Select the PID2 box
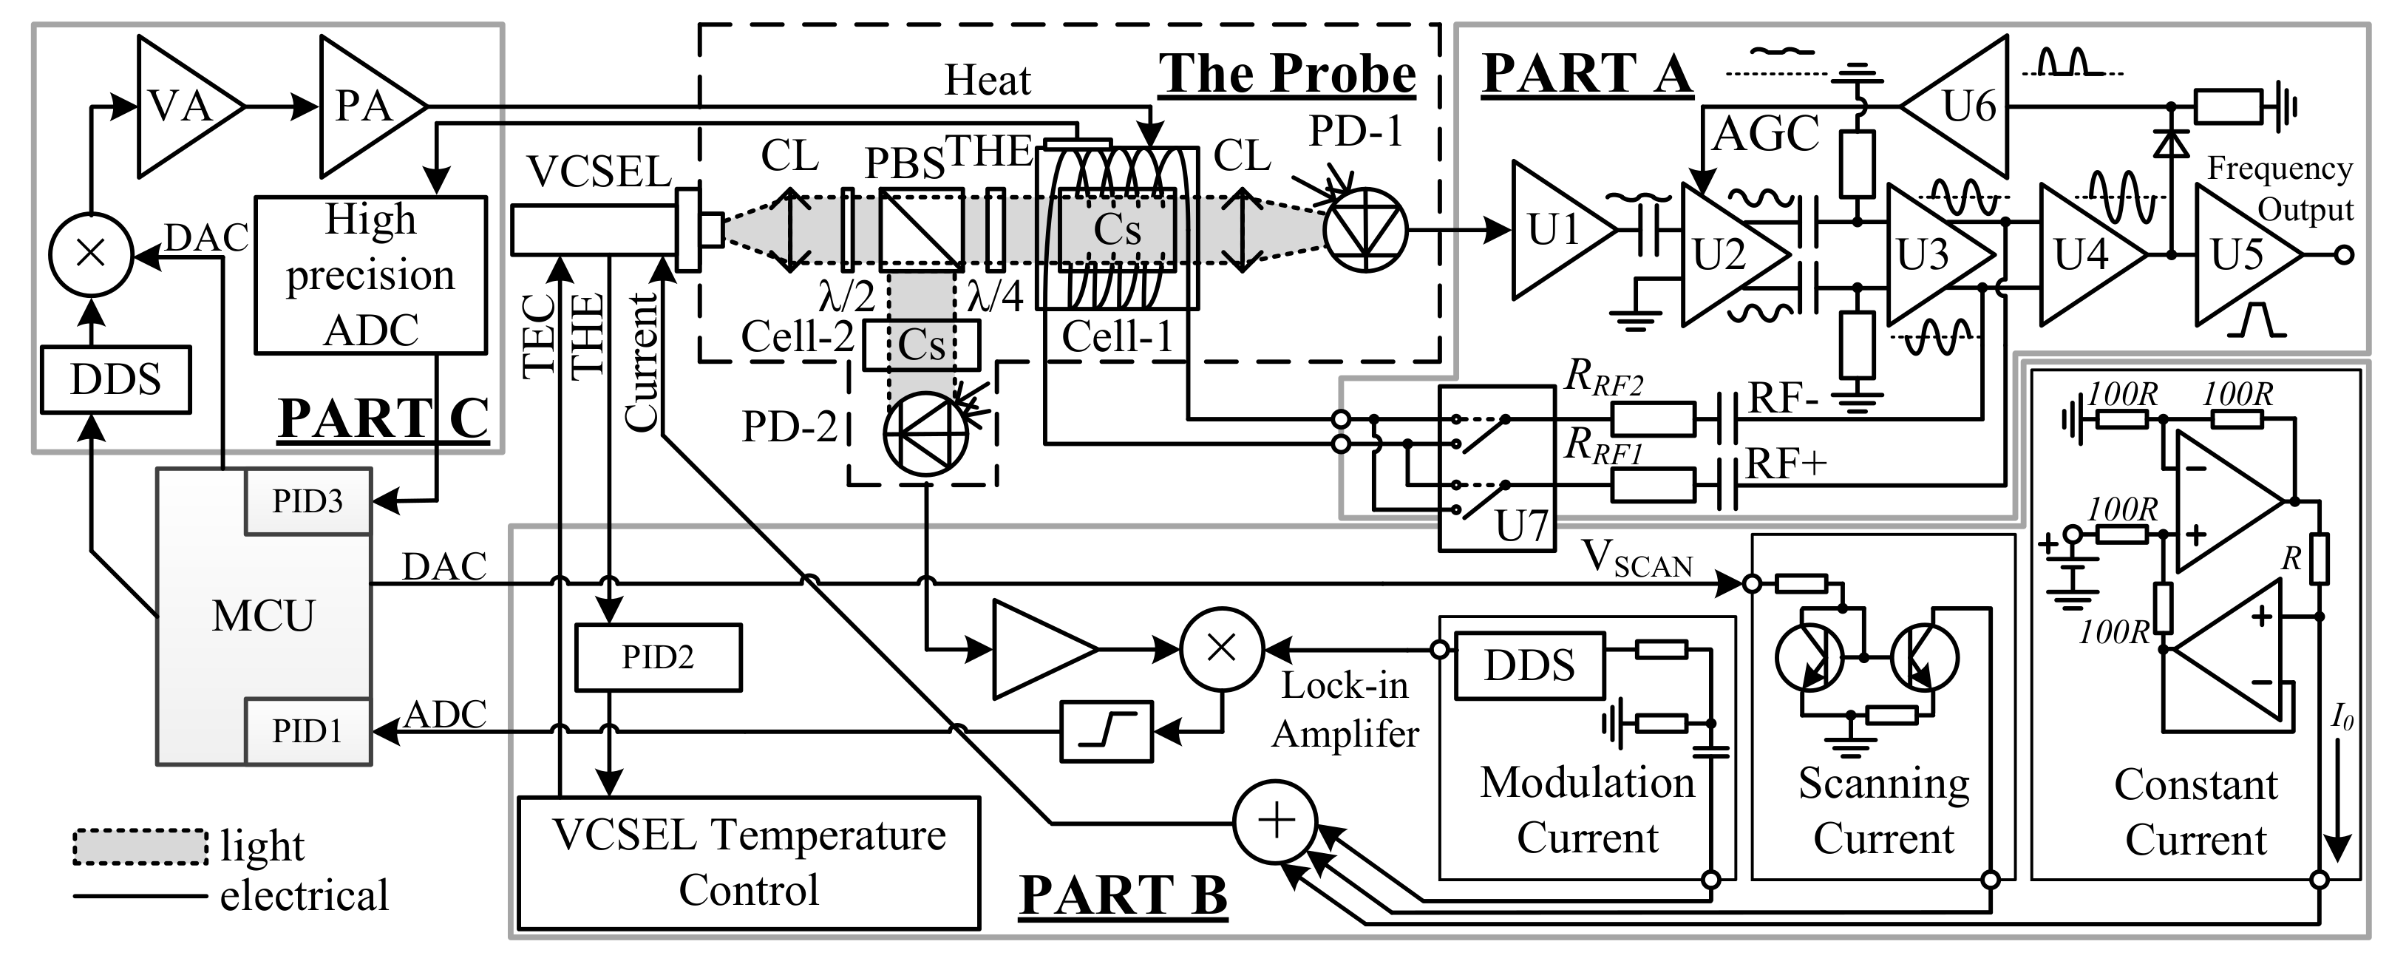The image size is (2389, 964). pyautogui.click(x=658, y=657)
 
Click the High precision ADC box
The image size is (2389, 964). pyautogui.click(x=370, y=274)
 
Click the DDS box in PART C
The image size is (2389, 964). pyautogui.click(x=115, y=379)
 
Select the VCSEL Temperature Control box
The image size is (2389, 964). pyautogui.click(x=749, y=862)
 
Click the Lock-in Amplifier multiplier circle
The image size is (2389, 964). pyautogui.click(x=1221, y=648)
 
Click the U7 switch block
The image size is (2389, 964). pyautogui.click(x=1496, y=468)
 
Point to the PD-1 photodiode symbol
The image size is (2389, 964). pyautogui.click(x=1365, y=230)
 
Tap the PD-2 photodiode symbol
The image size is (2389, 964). pyautogui.click(x=925, y=433)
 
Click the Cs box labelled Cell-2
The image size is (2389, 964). pyautogui.click(x=921, y=345)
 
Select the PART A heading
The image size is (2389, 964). pyautogui.click(x=1587, y=73)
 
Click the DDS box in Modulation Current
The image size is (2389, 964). pyautogui.click(x=1529, y=665)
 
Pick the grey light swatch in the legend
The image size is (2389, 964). pyautogui.click(x=140, y=846)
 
